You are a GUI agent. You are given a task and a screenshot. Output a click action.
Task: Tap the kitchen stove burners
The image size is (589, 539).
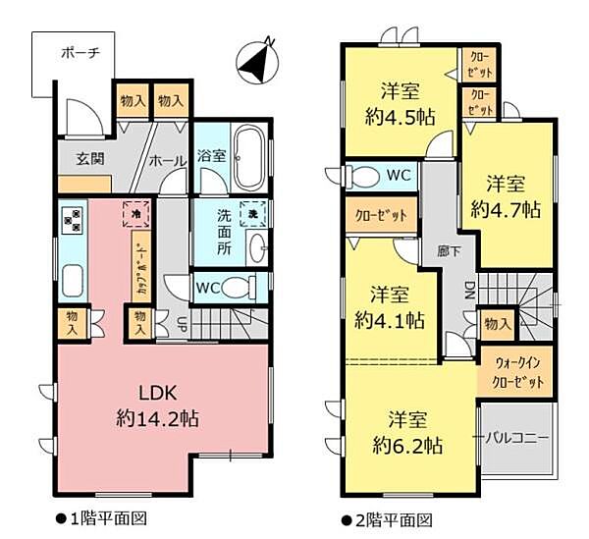[x=72, y=223]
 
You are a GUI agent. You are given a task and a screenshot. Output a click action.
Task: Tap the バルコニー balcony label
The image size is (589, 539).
[x=516, y=436]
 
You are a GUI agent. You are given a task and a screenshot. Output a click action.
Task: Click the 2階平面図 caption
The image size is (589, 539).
[x=391, y=519]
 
